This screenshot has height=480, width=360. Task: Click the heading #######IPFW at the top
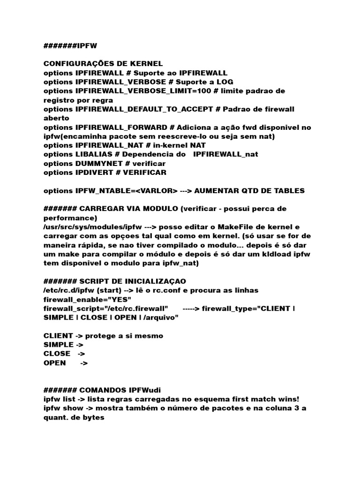pyautogui.click(x=70, y=45)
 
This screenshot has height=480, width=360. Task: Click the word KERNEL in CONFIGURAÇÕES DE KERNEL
pyautogui.click(x=145, y=64)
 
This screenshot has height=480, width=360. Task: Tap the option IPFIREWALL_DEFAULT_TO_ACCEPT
pyautogui.click(x=143, y=109)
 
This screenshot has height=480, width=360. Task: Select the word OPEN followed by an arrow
pyautogui.click(x=55, y=363)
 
